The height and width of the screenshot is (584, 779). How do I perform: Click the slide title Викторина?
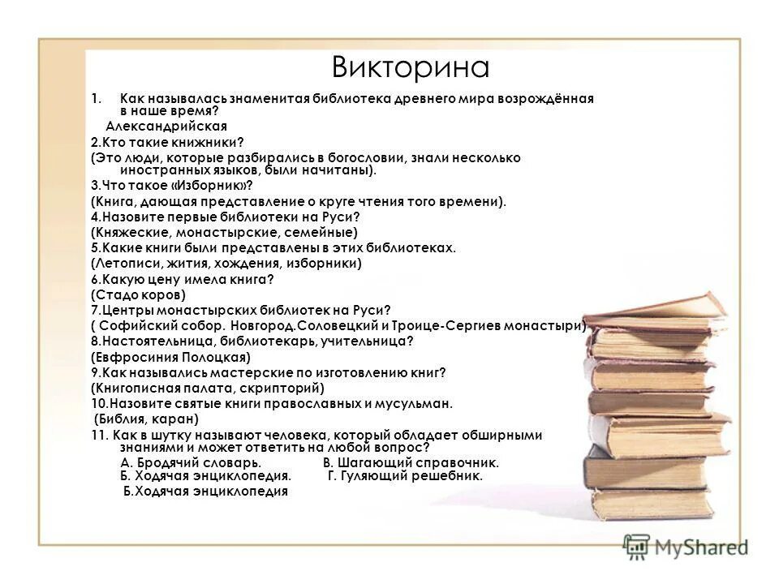pos(411,67)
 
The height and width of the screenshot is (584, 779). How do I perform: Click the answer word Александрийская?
pos(166,126)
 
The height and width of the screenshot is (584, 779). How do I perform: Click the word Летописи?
pos(130,263)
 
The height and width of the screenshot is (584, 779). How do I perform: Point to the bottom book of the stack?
pos(649,503)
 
